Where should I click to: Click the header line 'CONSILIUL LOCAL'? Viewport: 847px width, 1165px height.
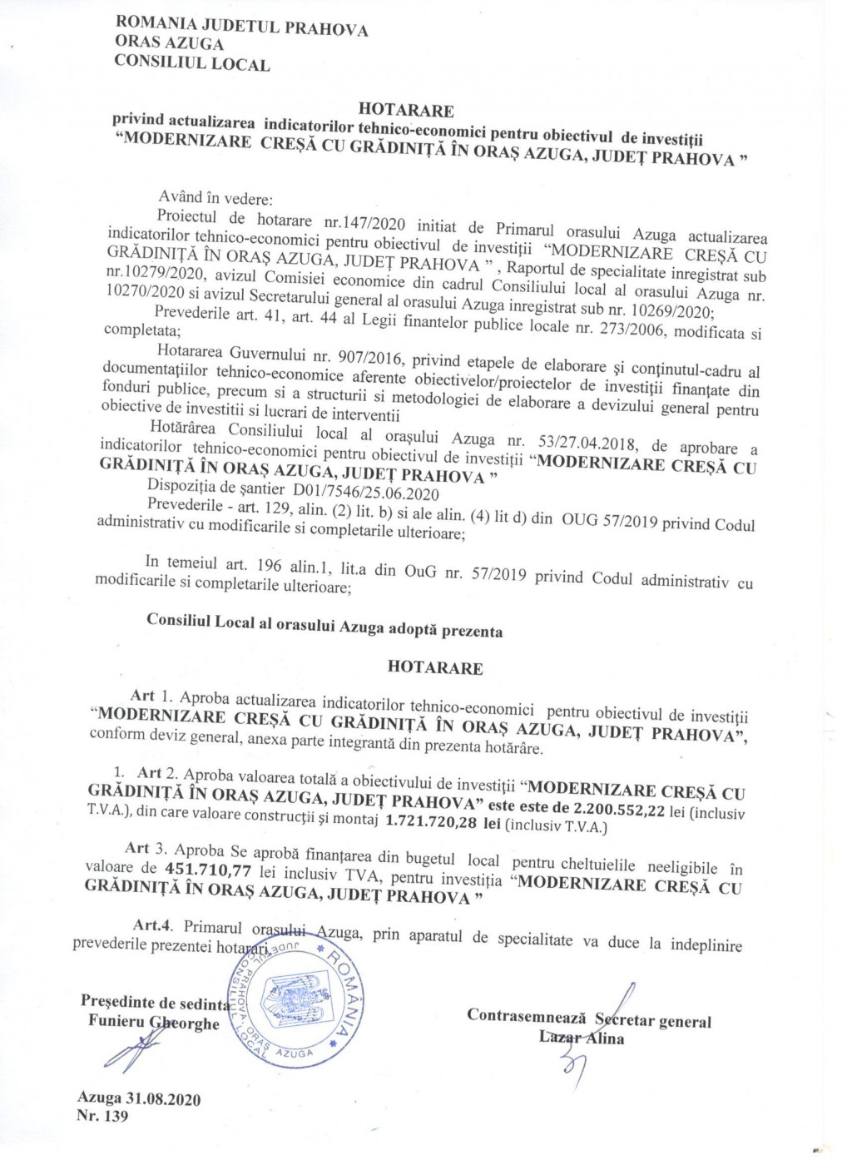click(x=192, y=63)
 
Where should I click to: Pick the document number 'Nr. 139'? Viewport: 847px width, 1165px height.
click(x=103, y=1117)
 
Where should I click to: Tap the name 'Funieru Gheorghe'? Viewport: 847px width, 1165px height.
click(x=154, y=1023)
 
